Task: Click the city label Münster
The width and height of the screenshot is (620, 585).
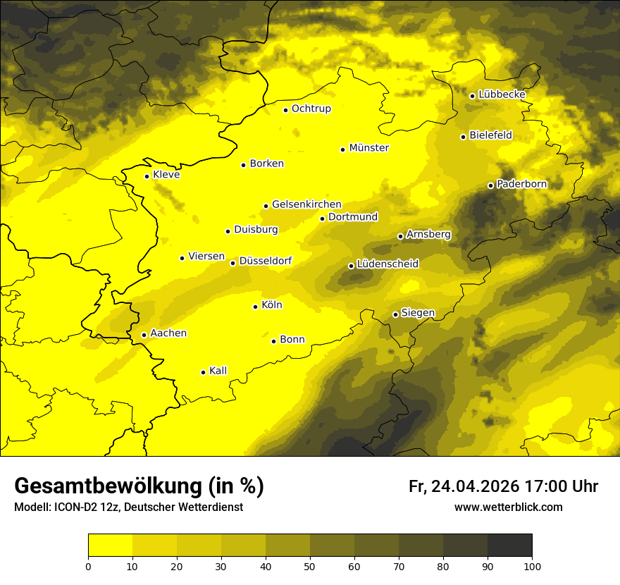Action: click(369, 148)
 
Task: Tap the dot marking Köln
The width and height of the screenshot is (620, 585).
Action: click(255, 307)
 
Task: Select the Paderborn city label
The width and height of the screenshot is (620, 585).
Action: click(522, 185)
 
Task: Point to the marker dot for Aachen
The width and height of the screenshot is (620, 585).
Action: click(144, 335)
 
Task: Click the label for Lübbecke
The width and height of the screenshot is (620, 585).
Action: click(502, 94)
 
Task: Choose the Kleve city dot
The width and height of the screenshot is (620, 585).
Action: click(147, 176)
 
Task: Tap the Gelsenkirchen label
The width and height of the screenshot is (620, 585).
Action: click(306, 204)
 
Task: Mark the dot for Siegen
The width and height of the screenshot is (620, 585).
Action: click(395, 314)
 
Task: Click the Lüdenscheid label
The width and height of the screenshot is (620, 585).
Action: click(387, 264)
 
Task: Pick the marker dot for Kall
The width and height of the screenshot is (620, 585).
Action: click(203, 372)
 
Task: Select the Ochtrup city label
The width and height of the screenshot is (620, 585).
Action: click(311, 109)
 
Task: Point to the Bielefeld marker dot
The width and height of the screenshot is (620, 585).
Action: click(463, 137)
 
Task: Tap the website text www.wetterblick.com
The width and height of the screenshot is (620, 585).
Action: click(508, 507)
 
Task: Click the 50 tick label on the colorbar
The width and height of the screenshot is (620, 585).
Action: click(310, 565)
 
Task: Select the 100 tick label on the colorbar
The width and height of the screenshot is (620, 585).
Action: click(532, 565)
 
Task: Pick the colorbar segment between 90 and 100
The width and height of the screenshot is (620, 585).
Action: click(509, 546)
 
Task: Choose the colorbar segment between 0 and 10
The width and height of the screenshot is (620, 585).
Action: click(110, 546)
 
